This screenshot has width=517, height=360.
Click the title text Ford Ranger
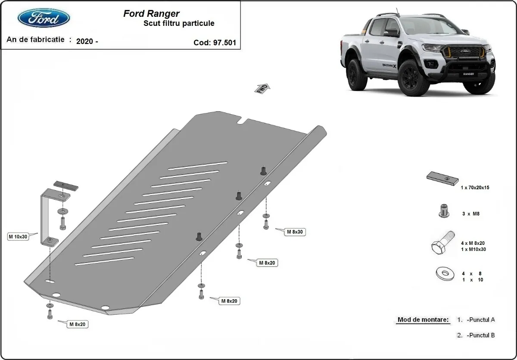coord(151,14)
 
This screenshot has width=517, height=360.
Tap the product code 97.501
coord(224,43)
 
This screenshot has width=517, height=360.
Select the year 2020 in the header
coord(87,42)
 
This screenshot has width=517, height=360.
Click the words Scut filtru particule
coord(178,24)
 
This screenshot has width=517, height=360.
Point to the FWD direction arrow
coord(262,88)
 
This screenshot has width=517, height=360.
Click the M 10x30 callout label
coord(18,237)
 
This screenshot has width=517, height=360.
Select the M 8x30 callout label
coord(295,232)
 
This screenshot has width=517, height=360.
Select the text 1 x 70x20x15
coord(475,188)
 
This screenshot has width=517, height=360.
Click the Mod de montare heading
coord(423,320)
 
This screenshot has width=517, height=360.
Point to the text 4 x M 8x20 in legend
coord(473,243)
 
